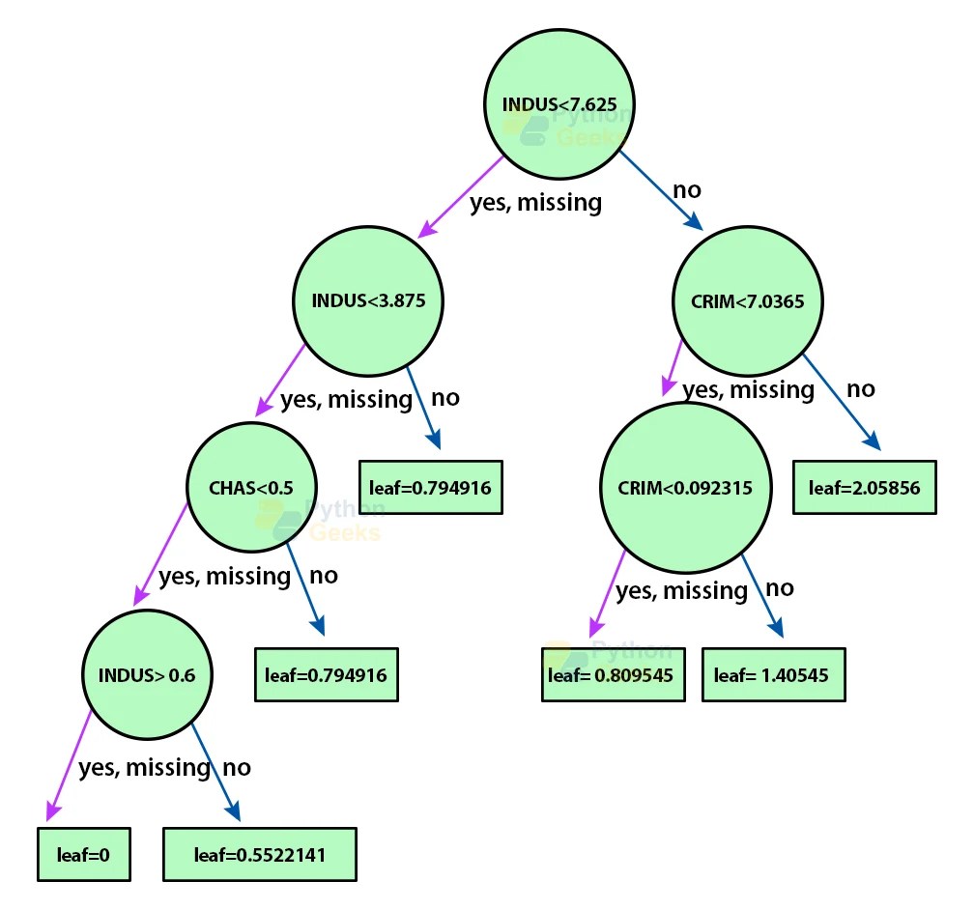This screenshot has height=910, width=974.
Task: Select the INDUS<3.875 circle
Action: [x=368, y=300]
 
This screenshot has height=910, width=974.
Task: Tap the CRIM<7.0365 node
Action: [x=748, y=301]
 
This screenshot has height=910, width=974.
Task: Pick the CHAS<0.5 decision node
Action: [x=251, y=487]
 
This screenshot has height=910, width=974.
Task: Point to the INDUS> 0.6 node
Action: [x=147, y=674]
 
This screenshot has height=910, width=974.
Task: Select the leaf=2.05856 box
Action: [x=865, y=487]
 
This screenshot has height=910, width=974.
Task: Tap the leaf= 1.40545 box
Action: [x=778, y=674]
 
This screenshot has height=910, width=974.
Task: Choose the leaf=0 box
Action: [x=84, y=854]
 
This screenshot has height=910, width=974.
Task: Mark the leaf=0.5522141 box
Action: [x=260, y=854]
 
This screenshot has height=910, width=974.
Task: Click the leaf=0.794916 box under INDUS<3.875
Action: [x=431, y=487]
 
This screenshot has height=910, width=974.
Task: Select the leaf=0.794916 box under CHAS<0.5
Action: [x=327, y=674]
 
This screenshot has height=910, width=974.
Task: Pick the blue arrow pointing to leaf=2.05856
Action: [x=841, y=400]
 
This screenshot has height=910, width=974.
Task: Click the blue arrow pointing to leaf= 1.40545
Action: [x=761, y=594]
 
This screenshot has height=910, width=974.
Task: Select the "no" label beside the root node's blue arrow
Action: [x=686, y=190]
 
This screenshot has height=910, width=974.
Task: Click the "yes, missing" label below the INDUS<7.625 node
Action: [x=535, y=203]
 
